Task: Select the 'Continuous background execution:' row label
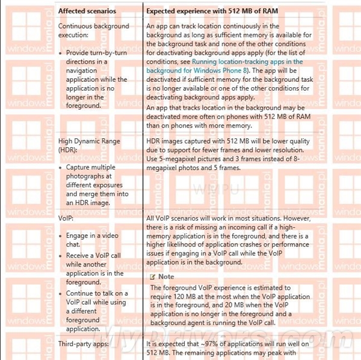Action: [93, 31]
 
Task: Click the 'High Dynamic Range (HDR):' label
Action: [89, 145]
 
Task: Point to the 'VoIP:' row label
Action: [67, 219]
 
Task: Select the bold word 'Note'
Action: [166, 276]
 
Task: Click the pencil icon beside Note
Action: [153, 276]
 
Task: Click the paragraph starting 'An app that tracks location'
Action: [229, 116]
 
